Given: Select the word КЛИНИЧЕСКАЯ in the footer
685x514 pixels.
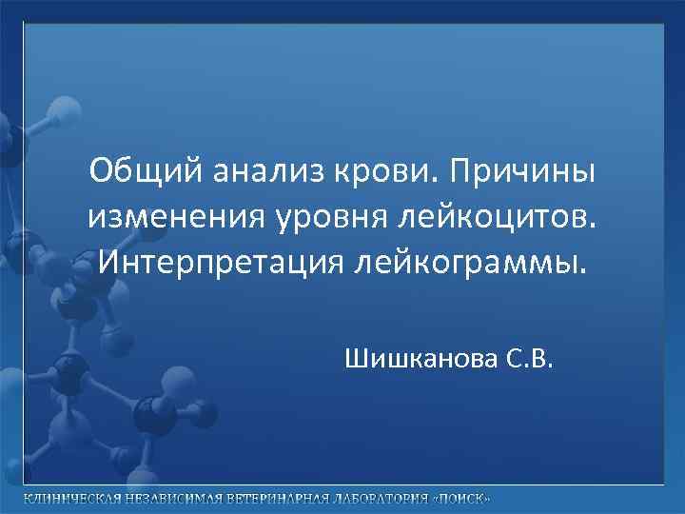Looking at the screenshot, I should [67, 500].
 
